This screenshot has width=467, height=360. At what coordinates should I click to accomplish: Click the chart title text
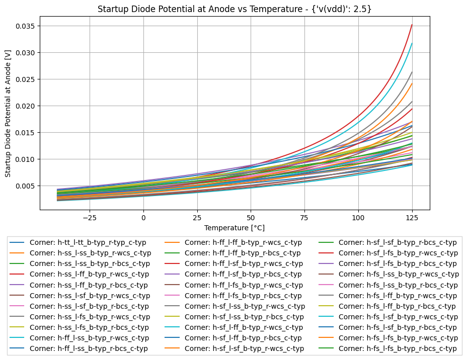(235, 9)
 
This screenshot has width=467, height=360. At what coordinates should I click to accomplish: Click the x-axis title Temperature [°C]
(235, 228)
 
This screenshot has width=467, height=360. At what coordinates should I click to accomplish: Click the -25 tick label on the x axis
(90, 218)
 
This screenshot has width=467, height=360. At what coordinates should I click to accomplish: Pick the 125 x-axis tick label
(412, 218)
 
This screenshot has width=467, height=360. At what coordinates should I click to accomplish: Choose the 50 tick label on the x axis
(251, 218)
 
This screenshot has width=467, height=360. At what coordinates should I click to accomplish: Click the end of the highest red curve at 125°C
(412, 25)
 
